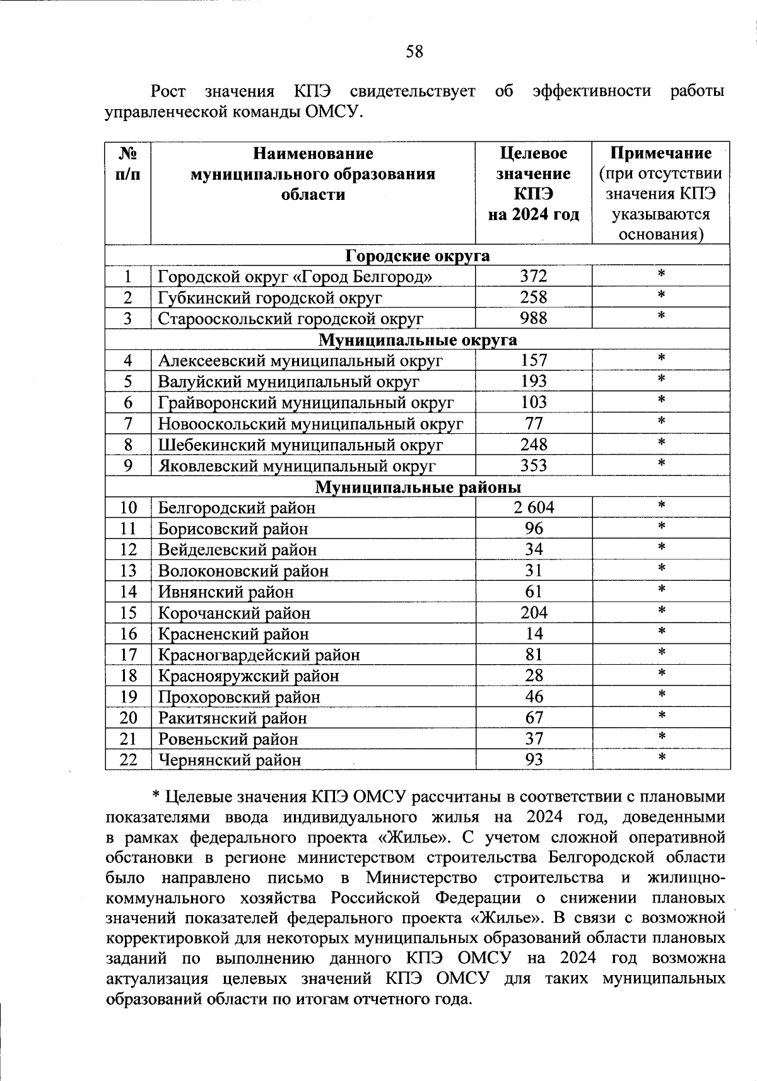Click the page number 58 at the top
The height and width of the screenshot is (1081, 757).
(x=414, y=52)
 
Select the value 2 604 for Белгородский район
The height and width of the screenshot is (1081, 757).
(x=534, y=508)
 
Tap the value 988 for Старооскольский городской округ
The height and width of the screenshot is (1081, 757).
(x=534, y=318)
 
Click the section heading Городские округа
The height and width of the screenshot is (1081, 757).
(x=418, y=255)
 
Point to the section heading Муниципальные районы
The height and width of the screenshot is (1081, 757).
(x=418, y=488)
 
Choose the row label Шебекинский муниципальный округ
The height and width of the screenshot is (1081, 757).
(x=300, y=445)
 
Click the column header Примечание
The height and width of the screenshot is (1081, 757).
(x=660, y=153)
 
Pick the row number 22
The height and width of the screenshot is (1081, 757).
(x=128, y=760)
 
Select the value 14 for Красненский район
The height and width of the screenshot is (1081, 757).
(x=534, y=634)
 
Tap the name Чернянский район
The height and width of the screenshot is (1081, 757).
(x=229, y=761)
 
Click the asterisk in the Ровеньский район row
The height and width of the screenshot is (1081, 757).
(x=661, y=737)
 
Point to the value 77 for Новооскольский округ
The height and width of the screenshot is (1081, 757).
(x=534, y=424)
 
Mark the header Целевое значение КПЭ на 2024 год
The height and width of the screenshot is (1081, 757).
(x=534, y=184)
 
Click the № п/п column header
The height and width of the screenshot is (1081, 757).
(x=128, y=163)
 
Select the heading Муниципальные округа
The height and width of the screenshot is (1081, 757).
(x=418, y=340)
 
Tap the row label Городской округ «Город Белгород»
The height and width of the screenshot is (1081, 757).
(x=295, y=277)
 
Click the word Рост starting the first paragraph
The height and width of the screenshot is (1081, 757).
(x=168, y=91)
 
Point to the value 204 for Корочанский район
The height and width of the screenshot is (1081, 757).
(x=534, y=613)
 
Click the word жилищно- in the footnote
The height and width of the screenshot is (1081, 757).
(x=686, y=878)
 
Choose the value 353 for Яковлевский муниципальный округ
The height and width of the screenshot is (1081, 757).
(x=534, y=466)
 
